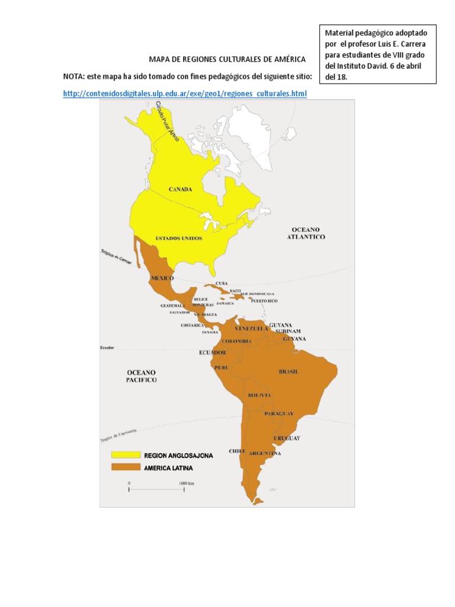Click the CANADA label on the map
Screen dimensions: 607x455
click(180, 189)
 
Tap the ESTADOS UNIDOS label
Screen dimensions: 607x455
click(178, 238)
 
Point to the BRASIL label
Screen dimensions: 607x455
click(288, 372)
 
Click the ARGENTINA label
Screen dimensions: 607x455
click(265, 453)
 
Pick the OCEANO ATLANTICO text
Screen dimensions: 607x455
click(306, 233)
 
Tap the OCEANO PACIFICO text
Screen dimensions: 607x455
click(142, 376)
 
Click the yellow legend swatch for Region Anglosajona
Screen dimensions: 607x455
click(124, 456)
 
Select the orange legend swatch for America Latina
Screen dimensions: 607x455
click(124, 468)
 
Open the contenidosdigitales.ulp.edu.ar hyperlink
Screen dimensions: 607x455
click(185, 94)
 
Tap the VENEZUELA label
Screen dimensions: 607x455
click(251, 328)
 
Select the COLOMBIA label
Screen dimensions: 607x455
click(237, 341)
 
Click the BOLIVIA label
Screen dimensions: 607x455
click(259, 395)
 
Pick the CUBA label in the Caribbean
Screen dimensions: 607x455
click(222, 284)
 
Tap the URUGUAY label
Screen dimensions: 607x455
click(287, 438)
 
